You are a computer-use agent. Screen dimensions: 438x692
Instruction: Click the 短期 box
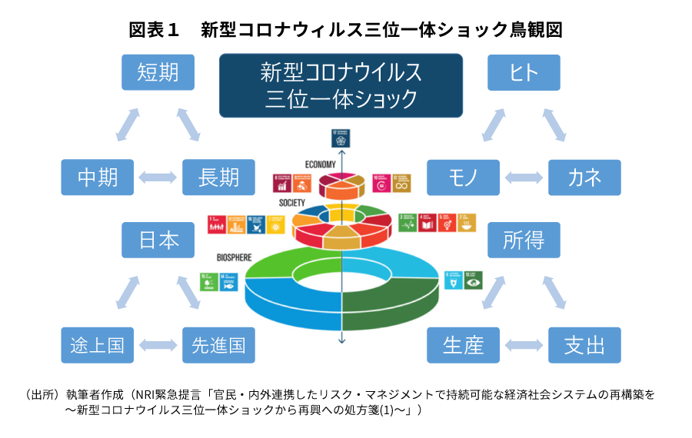click(x=158, y=72)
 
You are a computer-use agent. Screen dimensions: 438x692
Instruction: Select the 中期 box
click(x=98, y=178)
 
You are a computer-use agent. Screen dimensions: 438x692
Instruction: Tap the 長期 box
click(x=218, y=178)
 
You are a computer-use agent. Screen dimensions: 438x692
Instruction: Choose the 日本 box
click(x=158, y=240)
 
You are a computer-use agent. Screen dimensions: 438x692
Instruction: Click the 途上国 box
click(x=98, y=345)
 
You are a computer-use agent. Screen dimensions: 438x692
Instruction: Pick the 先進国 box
click(x=218, y=345)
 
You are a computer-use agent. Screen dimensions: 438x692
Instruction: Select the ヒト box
click(x=524, y=72)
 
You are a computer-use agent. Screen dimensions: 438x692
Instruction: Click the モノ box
click(x=464, y=178)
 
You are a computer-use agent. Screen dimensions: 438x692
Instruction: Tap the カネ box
click(x=584, y=178)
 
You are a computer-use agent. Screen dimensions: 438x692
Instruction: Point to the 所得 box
click(x=524, y=240)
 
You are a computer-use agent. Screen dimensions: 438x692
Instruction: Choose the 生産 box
click(x=464, y=345)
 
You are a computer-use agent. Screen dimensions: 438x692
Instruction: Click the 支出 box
click(x=584, y=345)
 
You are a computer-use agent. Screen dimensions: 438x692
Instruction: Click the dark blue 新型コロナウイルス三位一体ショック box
click(x=341, y=85)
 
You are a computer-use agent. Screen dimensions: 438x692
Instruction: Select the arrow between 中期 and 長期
click(x=158, y=178)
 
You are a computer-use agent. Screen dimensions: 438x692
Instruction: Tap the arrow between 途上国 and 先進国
click(x=158, y=345)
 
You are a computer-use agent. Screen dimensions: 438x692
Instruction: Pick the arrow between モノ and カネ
click(x=524, y=178)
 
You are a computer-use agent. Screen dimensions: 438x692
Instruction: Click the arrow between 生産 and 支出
click(x=524, y=345)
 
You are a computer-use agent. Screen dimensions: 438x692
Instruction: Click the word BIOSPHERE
click(x=234, y=258)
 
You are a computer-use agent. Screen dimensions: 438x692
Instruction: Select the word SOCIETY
click(x=293, y=204)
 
